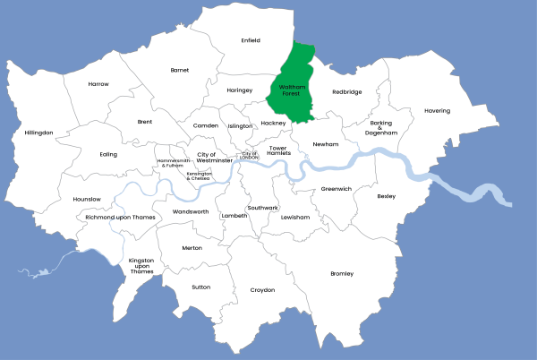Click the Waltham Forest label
pos(294,90)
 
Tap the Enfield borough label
pos(251,40)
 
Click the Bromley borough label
pos(342,273)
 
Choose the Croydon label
pos(262,289)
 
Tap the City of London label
pos(250,155)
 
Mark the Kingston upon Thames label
pos(141,266)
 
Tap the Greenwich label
pos(337,189)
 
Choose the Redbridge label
pos(347,91)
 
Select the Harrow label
pos(98,84)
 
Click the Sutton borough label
pos(201,287)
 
